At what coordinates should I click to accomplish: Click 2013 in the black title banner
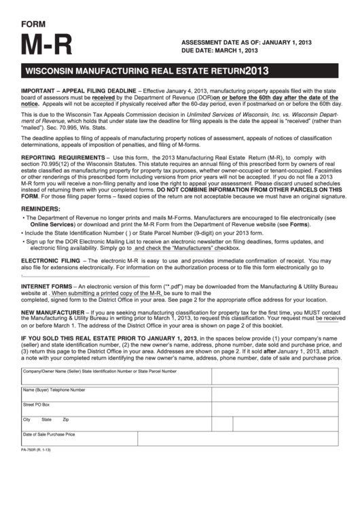pyautogui.click(x=262, y=71)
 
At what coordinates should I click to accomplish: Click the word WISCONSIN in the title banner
pyautogui.click(x=54, y=71)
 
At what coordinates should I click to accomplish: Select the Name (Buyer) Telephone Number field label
pyautogui.click(x=54, y=390)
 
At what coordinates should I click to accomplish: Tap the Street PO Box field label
pyautogui.click(x=37, y=404)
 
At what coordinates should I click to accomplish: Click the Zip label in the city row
pyautogui.click(x=66, y=419)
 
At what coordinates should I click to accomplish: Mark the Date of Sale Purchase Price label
pyautogui.click(x=49, y=434)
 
